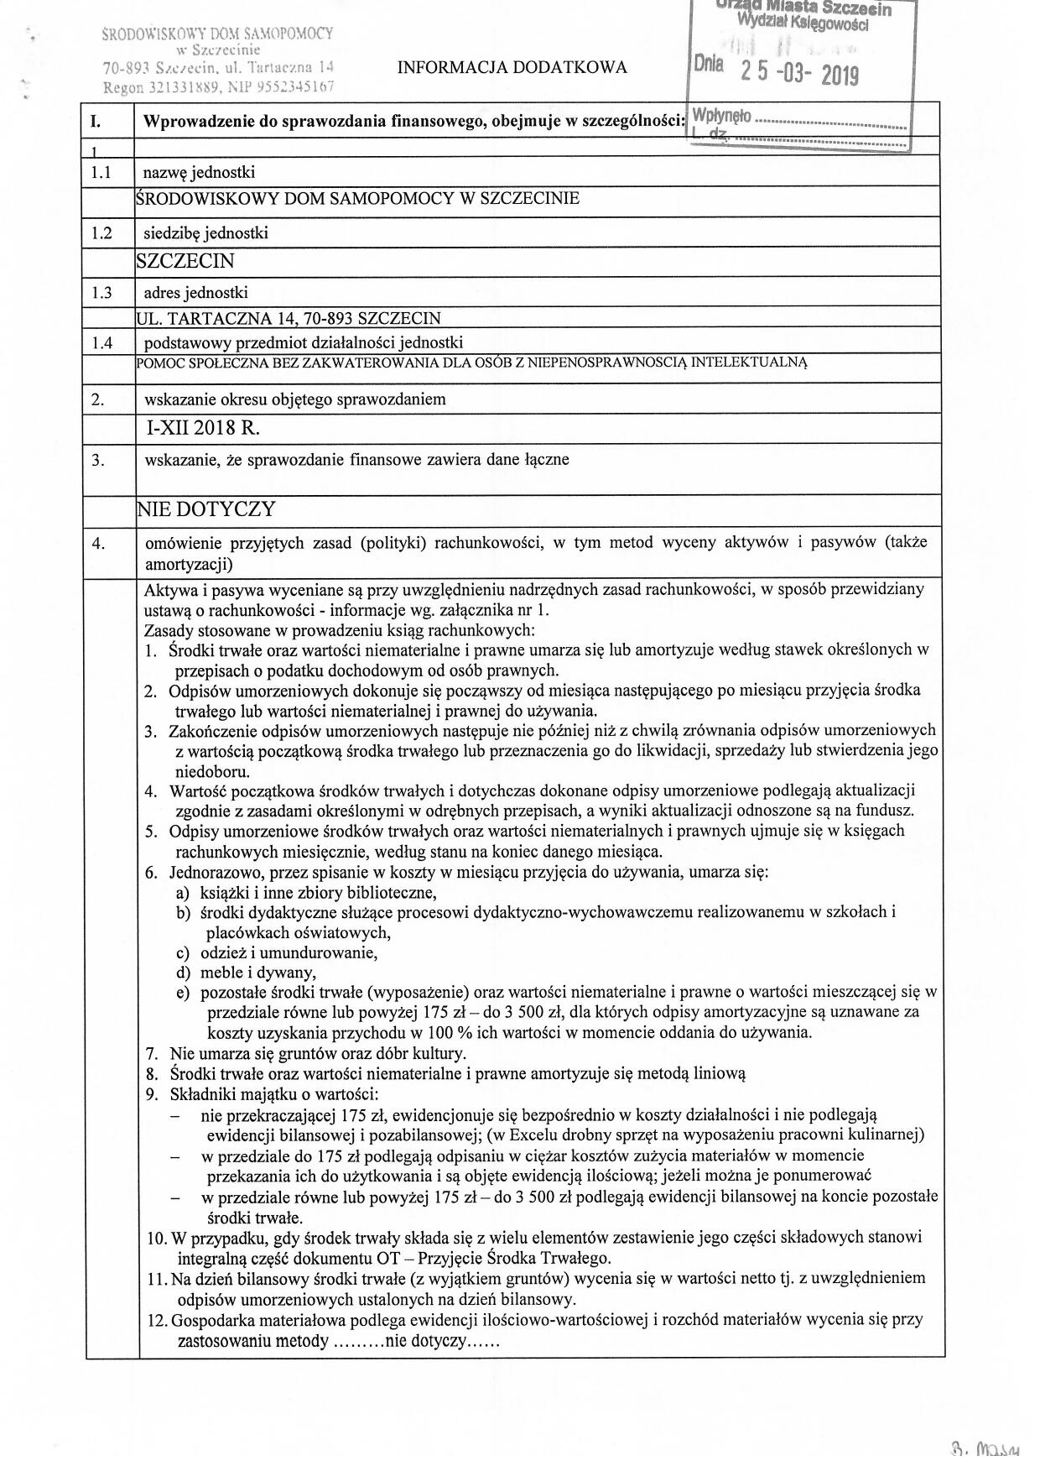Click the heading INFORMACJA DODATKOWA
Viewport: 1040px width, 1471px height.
(512, 68)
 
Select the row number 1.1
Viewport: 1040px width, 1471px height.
(101, 173)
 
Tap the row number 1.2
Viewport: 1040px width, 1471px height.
(101, 233)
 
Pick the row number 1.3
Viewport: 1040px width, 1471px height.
(101, 293)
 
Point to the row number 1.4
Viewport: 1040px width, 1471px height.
(101, 342)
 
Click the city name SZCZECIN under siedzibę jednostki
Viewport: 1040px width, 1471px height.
(185, 262)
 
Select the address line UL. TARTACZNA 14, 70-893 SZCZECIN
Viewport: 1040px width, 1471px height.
(288, 318)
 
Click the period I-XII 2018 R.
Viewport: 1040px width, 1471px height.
(202, 428)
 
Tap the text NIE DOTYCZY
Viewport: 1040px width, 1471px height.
(206, 509)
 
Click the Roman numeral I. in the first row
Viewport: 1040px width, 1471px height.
(96, 122)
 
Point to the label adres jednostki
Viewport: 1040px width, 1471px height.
(196, 293)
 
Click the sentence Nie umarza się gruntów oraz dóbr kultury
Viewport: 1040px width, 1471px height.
(317, 1053)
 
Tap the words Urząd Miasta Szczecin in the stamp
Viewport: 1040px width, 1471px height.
(803, 8)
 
